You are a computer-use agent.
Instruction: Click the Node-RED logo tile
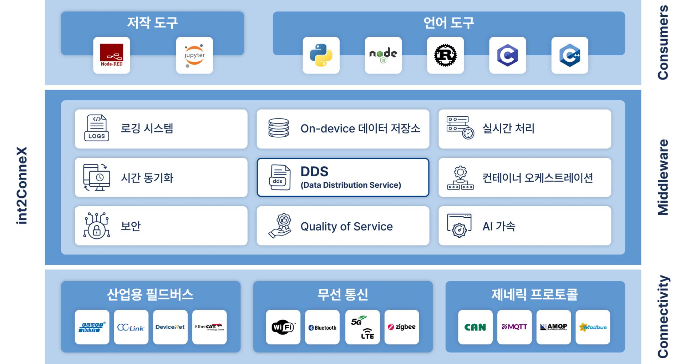pyautogui.click(x=112, y=55)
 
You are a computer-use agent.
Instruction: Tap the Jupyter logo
pyautogui.click(x=194, y=56)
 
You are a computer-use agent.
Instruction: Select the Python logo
pyautogui.click(x=321, y=55)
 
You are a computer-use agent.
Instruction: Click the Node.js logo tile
pyautogui.click(x=383, y=55)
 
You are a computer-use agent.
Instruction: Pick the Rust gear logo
pyautogui.click(x=445, y=55)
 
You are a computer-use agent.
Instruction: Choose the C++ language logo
pyautogui.click(x=570, y=55)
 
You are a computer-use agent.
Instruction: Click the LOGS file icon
pyautogui.click(x=97, y=128)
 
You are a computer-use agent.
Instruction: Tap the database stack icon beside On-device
pyautogui.click(x=279, y=128)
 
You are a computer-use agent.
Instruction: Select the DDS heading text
pyautogui.click(x=314, y=172)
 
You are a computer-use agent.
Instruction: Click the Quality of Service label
pyautogui.click(x=346, y=226)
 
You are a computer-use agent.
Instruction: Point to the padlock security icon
pyautogui.click(x=97, y=226)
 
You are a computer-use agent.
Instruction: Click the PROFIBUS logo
pyautogui.click(x=92, y=327)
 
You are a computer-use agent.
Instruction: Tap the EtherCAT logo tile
pyautogui.click(x=209, y=327)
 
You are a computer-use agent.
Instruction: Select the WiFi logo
pyautogui.click(x=283, y=327)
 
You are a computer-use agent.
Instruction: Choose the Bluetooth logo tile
pyautogui.click(x=322, y=327)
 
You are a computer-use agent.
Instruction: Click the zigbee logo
pyautogui.click(x=402, y=327)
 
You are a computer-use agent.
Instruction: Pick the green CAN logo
pyautogui.click(x=475, y=327)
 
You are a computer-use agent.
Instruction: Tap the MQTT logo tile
pyautogui.click(x=514, y=327)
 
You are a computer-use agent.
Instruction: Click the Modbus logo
pyautogui.click(x=593, y=327)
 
